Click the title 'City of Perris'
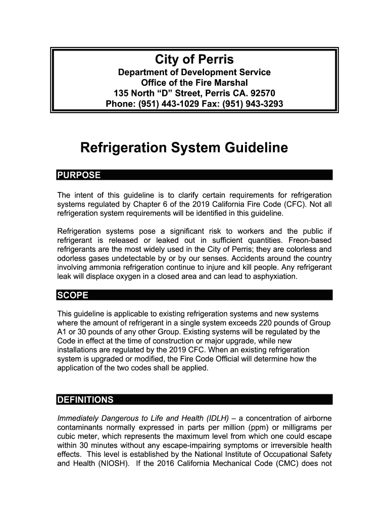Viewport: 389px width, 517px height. click(194, 60)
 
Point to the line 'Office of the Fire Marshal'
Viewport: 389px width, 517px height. click(194, 83)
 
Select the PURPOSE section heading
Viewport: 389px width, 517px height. click(79, 176)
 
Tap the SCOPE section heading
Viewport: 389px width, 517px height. click(73, 295)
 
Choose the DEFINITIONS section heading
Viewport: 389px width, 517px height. click(85, 400)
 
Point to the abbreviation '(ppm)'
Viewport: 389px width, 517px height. click(260, 427)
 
